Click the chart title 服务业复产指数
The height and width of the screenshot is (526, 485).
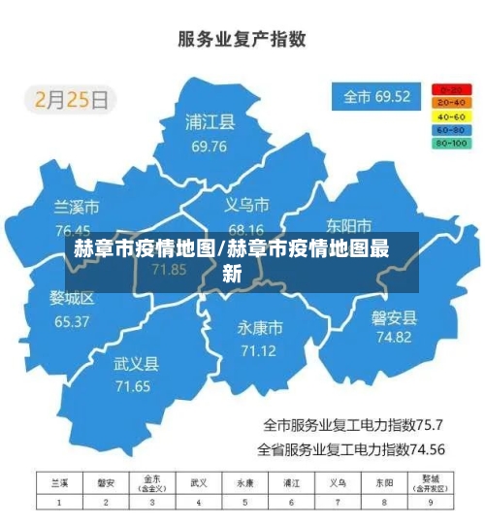coord(242,40)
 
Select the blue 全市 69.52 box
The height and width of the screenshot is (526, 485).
coord(378,97)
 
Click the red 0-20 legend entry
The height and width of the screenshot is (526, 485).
coord(451,88)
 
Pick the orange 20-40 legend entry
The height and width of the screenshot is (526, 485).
coord(451,102)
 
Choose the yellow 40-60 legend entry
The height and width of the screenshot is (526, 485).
coord(451,115)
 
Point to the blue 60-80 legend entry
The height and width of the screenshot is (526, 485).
coord(451,129)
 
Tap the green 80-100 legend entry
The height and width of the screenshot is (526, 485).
coord(451,143)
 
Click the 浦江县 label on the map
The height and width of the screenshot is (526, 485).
coord(210,123)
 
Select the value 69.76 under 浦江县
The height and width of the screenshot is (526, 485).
coord(210,147)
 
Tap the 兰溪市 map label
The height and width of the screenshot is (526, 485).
coord(76,208)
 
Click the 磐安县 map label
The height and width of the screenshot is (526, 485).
coord(394,316)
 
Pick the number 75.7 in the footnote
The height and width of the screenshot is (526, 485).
coord(429,425)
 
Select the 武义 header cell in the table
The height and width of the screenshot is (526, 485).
coord(199,482)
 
